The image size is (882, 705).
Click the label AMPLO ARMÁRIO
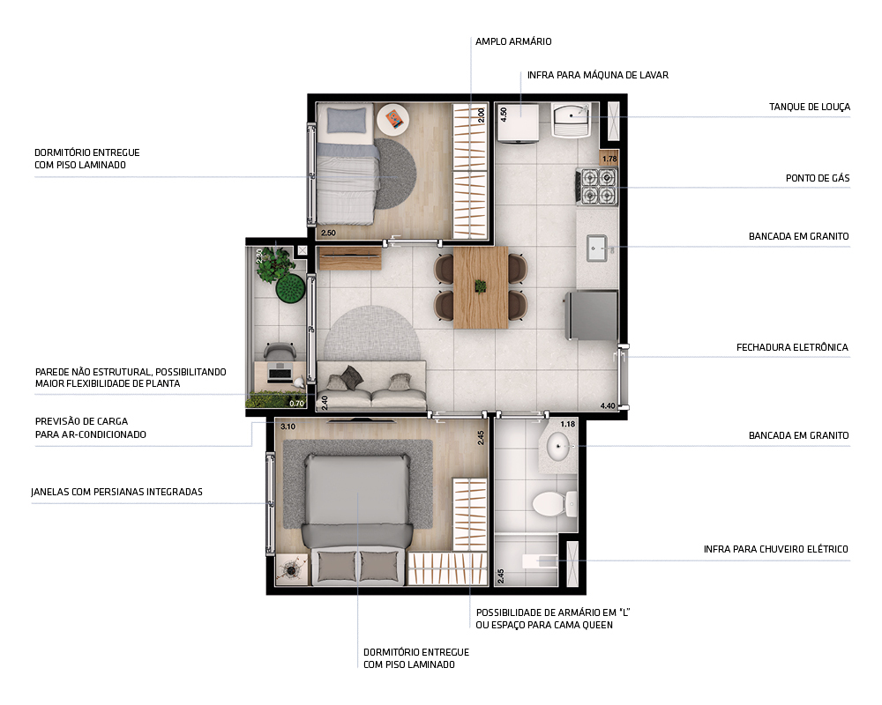pyautogui.click(x=513, y=41)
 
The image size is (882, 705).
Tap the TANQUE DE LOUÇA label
pyautogui.click(x=809, y=108)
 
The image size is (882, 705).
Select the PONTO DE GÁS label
pyautogui.click(x=818, y=178)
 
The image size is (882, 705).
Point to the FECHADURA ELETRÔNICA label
pyautogui.click(x=792, y=347)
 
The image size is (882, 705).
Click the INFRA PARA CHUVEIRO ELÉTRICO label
pyautogui.click(x=776, y=549)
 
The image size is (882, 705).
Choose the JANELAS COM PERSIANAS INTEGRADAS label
pyautogui.click(x=116, y=492)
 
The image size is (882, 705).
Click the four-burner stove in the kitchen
pyautogui.click(x=598, y=186)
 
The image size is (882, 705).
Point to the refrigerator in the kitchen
pyautogui.click(x=590, y=315)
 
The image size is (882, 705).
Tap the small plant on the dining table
pyautogui.click(x=481, y=286)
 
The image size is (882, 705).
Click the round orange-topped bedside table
pyautogui.click(x=392, y=118)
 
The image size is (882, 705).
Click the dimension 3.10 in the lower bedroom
pyautogui.click(x=288, y=427)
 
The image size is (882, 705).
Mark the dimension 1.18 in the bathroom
pyautogui.click(x=567, y=425)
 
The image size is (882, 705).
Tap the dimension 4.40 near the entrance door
pyautogui.click(x=608, y=405)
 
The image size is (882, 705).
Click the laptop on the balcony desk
pyautogui.click(x=280, y=371)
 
